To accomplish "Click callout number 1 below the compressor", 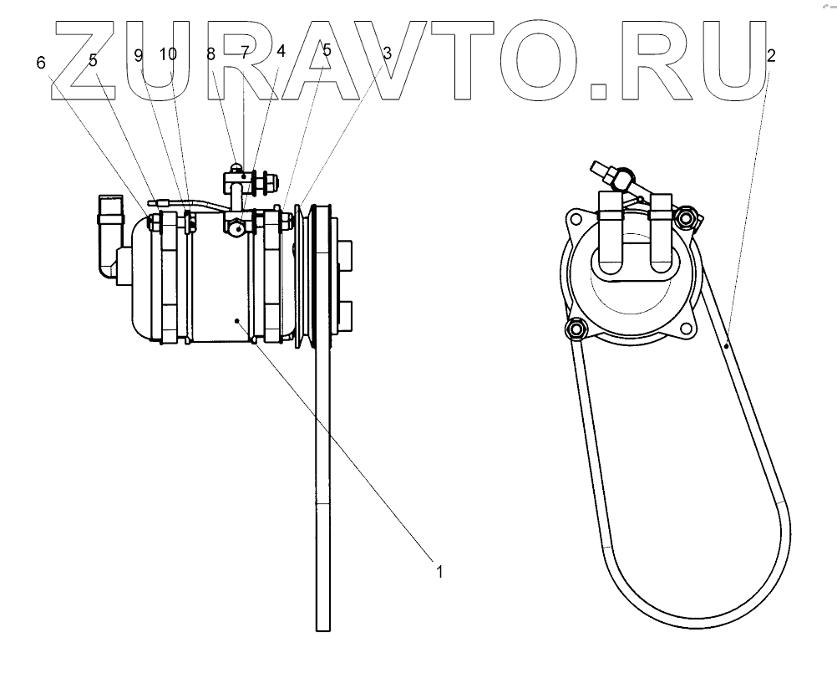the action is [x=438, y=573].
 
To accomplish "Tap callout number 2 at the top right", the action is [x=769, y=56].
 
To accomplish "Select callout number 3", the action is [x=387, y=52].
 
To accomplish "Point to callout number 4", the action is [x=281, y=51].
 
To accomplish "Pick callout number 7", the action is [x=245, y=52].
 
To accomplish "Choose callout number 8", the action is [x=211, y=54].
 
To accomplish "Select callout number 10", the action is [x=168, y=54].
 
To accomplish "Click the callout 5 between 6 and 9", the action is [x=93, y=61].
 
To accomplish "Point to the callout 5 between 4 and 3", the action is [x=327, y=51].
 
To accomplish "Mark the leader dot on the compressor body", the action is [x=238, y=319].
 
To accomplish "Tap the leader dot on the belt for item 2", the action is [x=728, y=344].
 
